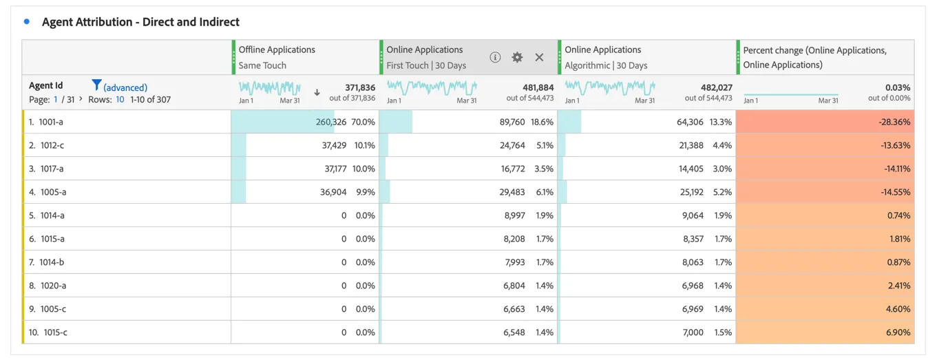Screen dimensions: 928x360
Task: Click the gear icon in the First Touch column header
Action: [517, 57]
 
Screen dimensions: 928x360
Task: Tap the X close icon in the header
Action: [539, 57]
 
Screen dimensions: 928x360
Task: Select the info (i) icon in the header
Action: [495, 57]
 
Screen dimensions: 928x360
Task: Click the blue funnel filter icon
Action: [96, 85]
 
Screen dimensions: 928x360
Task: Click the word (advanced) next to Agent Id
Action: [125, 87]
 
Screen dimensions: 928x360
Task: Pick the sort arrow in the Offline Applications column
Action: [317, 92]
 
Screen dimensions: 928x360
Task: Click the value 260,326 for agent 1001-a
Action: [330, 122]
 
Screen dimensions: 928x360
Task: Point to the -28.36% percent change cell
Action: [894, 122]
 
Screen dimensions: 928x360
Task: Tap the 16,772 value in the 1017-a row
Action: [513, 169]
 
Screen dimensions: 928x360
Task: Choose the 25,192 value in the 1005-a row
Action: [691, 192]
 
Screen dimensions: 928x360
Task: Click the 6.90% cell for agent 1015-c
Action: [898, 332]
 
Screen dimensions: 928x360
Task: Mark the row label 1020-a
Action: [53, 286]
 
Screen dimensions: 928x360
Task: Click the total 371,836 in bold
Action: [360, 87]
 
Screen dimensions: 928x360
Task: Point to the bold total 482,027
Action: [716, 87]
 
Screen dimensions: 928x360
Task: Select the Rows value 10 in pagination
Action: [120, 99]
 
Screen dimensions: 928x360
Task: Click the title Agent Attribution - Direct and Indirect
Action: [140, 22]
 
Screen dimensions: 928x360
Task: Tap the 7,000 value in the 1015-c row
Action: [693, 332]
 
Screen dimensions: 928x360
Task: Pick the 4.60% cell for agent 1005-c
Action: [898, 308]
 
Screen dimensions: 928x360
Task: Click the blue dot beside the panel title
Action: [27, 21]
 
